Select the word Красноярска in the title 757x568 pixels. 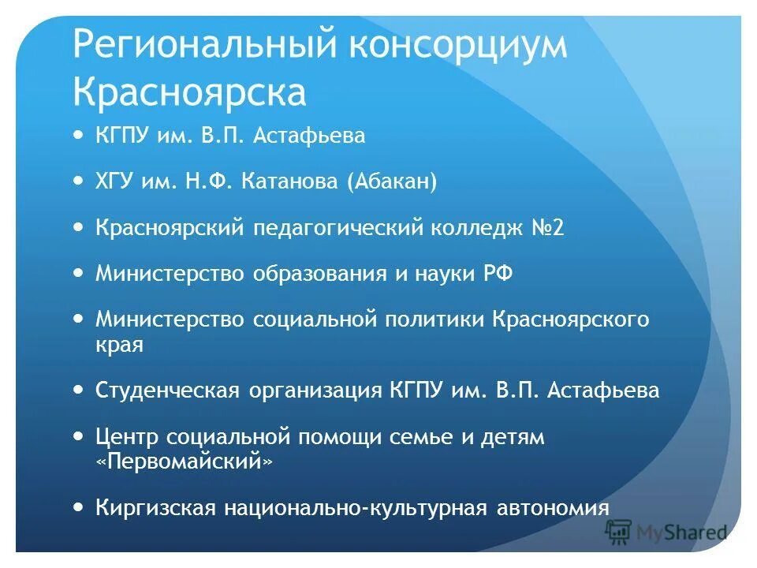[189, 92]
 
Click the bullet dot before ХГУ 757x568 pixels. [77, 181]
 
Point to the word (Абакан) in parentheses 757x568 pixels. [391, 182]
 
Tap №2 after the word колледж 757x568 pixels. [546, 228]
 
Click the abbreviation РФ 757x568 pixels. [497, 274]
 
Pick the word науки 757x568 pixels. [442, 274]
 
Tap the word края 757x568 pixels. [119, 345]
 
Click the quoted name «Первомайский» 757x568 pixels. [184, 461]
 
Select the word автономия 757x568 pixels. [553, 507]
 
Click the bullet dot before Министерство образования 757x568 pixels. [77, 272]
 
